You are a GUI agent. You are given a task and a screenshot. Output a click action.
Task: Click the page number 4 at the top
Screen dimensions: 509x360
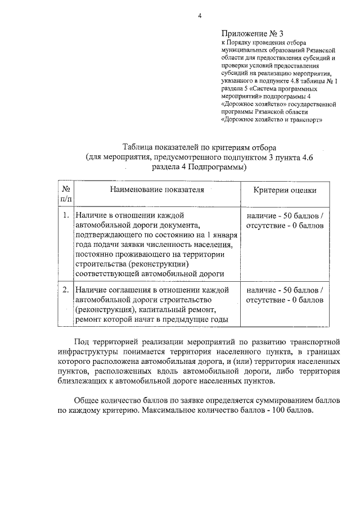(199, 15)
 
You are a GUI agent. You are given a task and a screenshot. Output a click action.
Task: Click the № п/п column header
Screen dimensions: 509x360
(66, 194)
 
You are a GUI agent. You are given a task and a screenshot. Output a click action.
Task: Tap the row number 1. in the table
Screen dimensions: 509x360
(66, 215)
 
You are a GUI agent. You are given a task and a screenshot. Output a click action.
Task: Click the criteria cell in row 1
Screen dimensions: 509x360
(285, 220)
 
